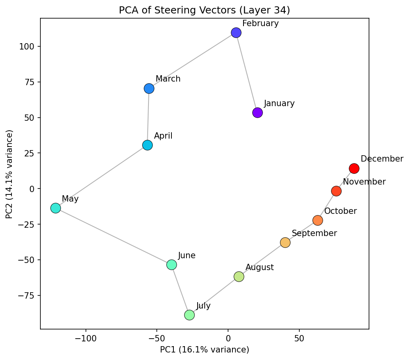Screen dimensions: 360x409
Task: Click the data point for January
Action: point(257,113)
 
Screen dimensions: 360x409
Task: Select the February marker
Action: point(236,32)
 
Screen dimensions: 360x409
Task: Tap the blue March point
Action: point(149,88)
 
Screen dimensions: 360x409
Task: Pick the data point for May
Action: point(55,208)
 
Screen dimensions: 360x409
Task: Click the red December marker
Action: point(354,168)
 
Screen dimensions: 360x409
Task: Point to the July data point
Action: point(189,315)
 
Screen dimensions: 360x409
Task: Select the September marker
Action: point(285,242)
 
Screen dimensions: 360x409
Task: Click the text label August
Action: point(259,267)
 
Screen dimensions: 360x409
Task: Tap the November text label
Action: point(364,182)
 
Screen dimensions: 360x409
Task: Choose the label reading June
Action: point(186,255)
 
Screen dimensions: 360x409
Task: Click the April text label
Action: point(163,136)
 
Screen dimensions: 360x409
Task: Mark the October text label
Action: point(340,211)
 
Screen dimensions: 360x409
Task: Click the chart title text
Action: point(204,10)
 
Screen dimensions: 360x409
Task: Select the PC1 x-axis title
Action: point(204,350)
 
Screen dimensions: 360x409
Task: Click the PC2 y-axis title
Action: point(10,174)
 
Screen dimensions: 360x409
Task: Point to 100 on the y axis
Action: point(27,47)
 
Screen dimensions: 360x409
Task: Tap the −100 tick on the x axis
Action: point(86,339)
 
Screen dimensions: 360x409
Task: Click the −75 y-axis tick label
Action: point(26,295)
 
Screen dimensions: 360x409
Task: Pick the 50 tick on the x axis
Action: point(299,339)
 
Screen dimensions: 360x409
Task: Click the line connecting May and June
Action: point(113,236)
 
